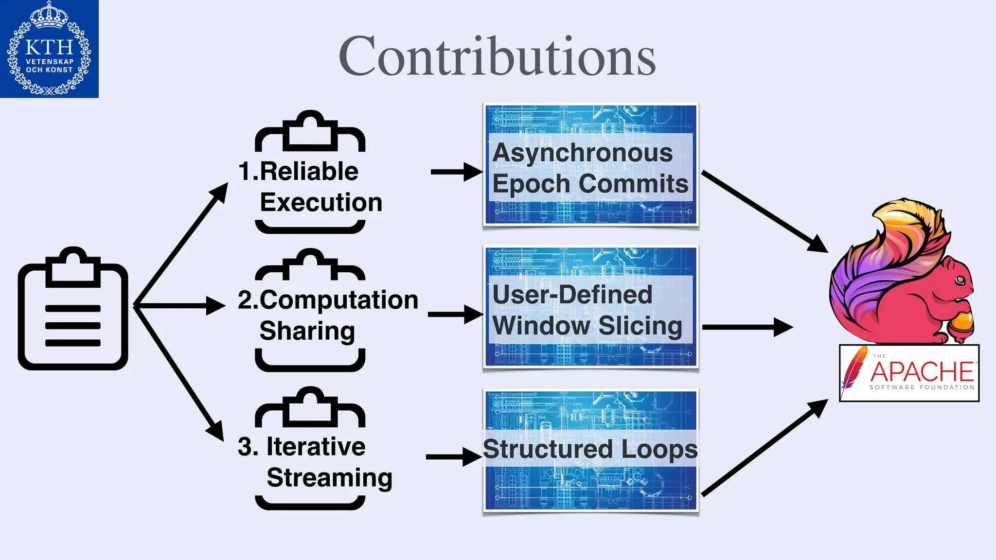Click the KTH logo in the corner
coord(49,49)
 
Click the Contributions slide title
coord(497,56)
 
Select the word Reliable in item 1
coord(309,171)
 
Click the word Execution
coord(321,202)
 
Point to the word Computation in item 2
coord(339,300)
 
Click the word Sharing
coord(307,331)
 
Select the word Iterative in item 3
coord(316,447)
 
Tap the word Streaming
coord(329,478)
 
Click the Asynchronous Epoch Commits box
coord(590,164)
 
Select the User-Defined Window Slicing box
coord(590,307)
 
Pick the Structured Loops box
coord(590,450)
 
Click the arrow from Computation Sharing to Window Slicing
coord(455,315)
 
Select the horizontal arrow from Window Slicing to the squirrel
coord(747,327)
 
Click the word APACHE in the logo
coord(922,372)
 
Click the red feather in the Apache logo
coord(854,369)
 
